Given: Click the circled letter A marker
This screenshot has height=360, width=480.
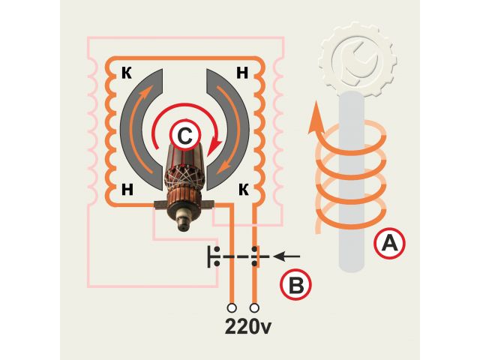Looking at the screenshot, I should coord(390,243).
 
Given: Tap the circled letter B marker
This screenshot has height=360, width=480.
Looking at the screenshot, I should coord(295,286).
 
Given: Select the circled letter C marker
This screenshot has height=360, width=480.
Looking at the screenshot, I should coord(183,136).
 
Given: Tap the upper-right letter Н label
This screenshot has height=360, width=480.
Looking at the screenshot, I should coord(242,73).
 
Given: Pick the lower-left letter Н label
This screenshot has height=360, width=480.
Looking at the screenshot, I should coord(127,188).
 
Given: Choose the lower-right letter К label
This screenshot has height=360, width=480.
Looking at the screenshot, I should coord(243,188).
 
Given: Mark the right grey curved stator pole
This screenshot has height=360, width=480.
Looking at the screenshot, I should coord(232,127).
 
